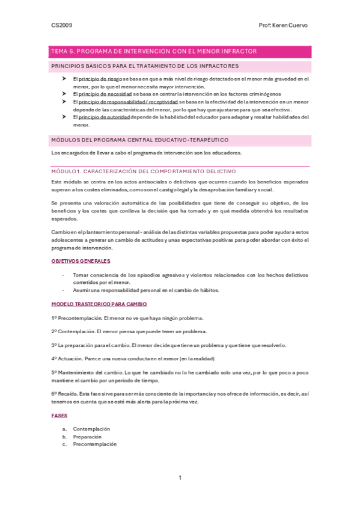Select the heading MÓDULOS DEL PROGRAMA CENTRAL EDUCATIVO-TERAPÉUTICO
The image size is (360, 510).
coord(140,140)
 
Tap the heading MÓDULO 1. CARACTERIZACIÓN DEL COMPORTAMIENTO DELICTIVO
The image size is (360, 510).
coord(143,171)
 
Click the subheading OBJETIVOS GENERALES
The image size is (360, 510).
coord(81,261)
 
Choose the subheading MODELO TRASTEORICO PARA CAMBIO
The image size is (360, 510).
coord(99,304)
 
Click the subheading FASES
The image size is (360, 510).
coord(59,416)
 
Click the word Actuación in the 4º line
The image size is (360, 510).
coord(73,359)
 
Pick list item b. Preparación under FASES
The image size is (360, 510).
coord(87,437)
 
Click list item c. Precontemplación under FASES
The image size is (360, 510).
coord(94,444)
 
